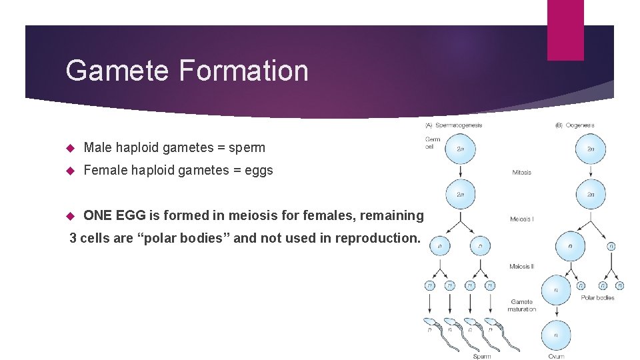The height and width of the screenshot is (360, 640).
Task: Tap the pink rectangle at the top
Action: pyautogui.click(x=565, y=30)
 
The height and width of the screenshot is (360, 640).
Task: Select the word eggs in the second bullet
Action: pyautogui.click(x=259, y=170)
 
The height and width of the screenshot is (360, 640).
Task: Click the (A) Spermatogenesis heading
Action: pyautogui.click(x=454, y=125)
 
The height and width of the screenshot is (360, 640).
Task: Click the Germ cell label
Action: pyautogui.click(x=433, y=143)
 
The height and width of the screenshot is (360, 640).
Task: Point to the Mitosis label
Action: pyautogui.click(x=521, y=172)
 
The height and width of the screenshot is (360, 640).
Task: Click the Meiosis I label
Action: pyautogui.click(x=521, y=219)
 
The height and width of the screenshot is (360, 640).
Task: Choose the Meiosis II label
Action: pyautogui.click(x=521, y=266)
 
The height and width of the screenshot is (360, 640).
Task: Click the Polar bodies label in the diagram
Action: pyautogui.click(x=598, y=297)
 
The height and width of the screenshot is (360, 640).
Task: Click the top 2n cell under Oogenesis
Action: pyautogui.click(x=591, y=149)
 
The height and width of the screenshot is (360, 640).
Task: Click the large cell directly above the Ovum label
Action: pyautogui.click(x=555, y=335)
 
